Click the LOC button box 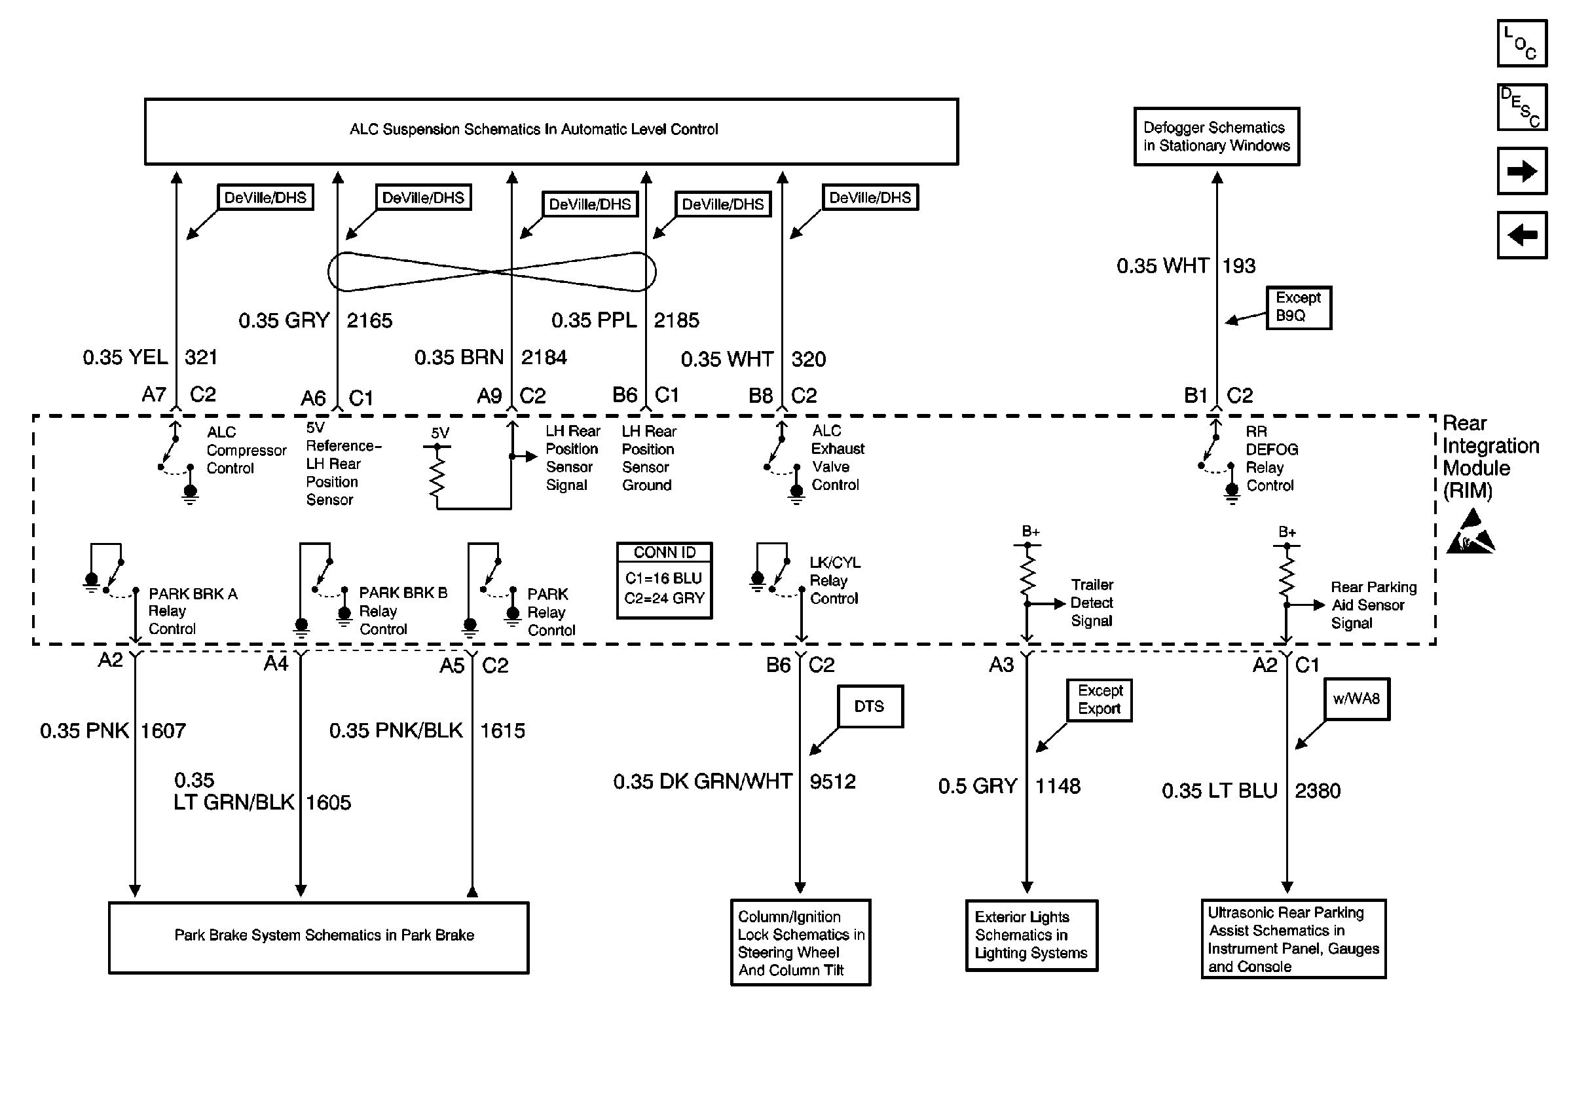pyautogui.click(x=1522, y=43)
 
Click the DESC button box pyautogui.click(x=1522, y=107)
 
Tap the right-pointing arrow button pyautogui.click(x=1522, y=170)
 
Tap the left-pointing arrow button pyautogui.click(x=1522, y=235)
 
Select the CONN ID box pyautogui.click(x=664, y=580)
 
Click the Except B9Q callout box pyautogui.click(x=1298, y=308)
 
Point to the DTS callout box pyautogui.click(x=870, y=705)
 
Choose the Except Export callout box pyautogui.click(x=1099, y=700)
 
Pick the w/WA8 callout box pyautogui.click(x=1356, y=699)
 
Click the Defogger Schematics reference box pyautogui.click(x=1216, y=136)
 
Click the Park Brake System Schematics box pyautogui.click(x=318, y=937)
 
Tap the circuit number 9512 pyautogui.click(x=832, y=781)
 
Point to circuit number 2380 pyautogui.click(x=1318, y=791)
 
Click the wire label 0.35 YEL pyautogui.click(x=125, y=357)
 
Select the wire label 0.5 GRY pyautogui.click(x=978, y=786)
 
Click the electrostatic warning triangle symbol pyautogui.click(x=1470, y=531)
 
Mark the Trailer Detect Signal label pyautogui.click(x=1092, y=603)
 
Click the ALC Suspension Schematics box pyautogui.click(x=551, y=132)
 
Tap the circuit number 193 pyautogui.click(x=1238, y=266)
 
